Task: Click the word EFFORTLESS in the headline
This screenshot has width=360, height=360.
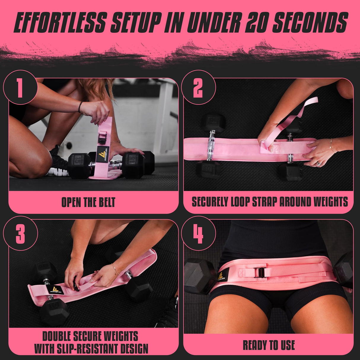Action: coord(60,22)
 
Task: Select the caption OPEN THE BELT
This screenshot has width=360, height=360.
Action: coord(88,202)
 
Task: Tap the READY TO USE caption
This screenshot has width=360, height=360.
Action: coord(269,345)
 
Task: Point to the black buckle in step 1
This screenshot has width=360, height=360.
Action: coord(103,137)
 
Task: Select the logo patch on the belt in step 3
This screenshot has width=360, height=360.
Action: coord(55,290)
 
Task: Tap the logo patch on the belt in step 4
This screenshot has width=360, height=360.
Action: coord(222,276)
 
